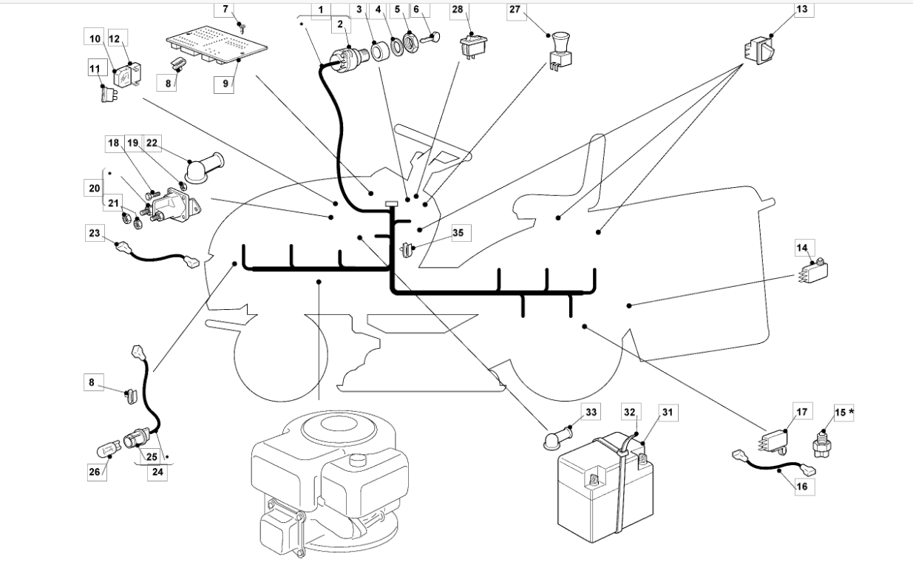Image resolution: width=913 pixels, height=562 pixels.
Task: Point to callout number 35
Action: point(458,233)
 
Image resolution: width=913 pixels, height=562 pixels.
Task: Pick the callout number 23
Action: point(95,233)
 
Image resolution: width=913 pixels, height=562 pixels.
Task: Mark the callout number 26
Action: point(95,472)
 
